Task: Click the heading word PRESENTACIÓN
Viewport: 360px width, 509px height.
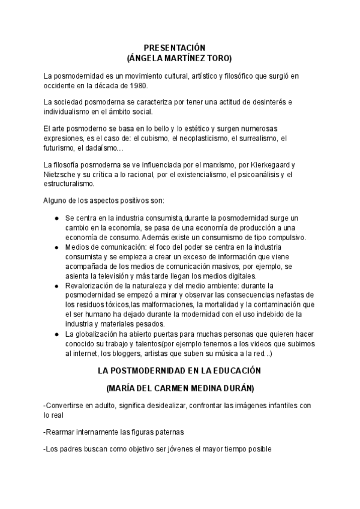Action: coord(175,47)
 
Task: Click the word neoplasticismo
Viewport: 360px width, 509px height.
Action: coord(204,138)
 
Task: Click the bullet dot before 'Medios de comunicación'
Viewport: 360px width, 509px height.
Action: coord(56,247)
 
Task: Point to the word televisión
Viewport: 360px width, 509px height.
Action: coord(113,276)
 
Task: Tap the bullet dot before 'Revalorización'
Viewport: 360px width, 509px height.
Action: coord(56,285)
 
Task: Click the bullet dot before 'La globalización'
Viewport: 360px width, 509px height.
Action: coord(56,334)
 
